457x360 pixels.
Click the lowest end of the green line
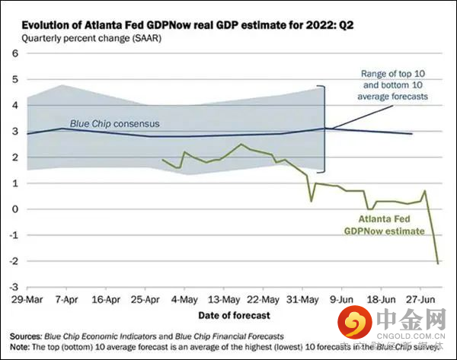coord(437,263)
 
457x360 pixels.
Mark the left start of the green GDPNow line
coord(163,160)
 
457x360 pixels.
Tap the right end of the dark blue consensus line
coord(412,134)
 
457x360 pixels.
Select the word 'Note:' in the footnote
coord(21,346)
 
